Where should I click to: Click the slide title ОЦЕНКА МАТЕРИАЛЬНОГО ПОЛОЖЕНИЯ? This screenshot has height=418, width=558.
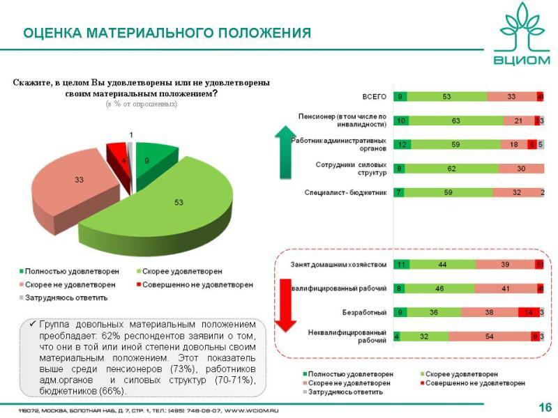coord(167,33)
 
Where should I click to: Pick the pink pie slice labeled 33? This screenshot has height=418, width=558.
coord(77,185)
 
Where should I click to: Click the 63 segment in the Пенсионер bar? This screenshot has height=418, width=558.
coord(456,121)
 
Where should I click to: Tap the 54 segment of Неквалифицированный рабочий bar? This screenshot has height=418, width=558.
coord(490,336)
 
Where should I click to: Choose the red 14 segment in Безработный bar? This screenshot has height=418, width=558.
coord(528,313)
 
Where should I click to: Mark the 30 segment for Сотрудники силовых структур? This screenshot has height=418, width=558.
coord(521,168)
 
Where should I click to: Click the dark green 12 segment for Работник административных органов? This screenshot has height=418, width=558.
coord(401,144)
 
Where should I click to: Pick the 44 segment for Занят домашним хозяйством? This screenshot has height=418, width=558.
coord(442,265)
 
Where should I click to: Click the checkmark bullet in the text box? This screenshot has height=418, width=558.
coord(33,325)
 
